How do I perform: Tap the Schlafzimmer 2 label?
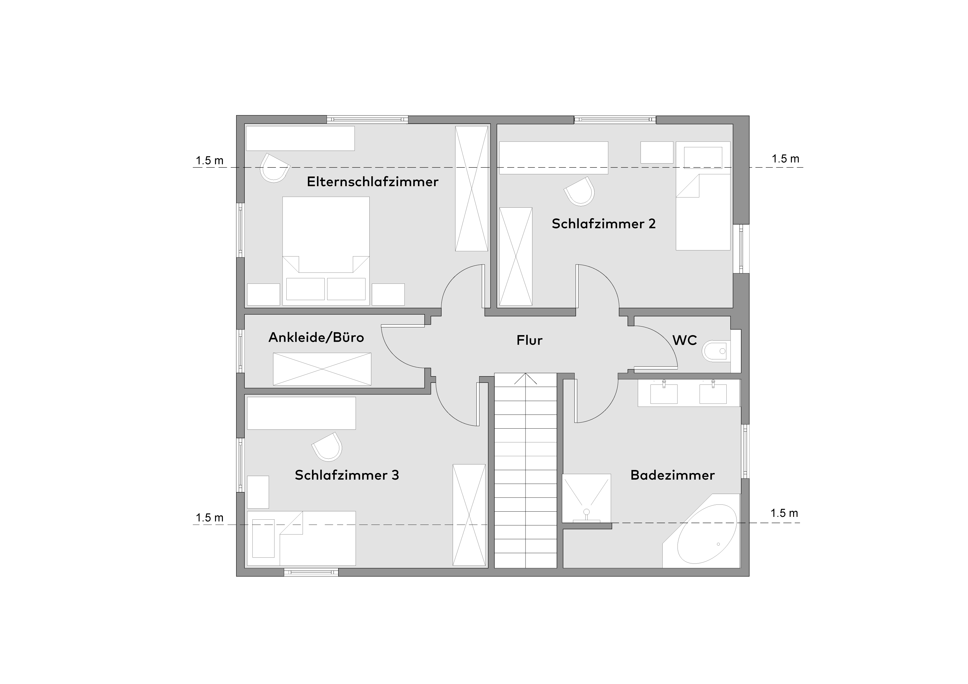coord(604,224)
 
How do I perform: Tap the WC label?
coord(685,340)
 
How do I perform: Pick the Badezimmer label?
coord(673,475)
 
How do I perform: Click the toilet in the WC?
coord(716,351)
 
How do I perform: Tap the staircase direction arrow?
coord(525,379)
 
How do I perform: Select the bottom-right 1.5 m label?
coord(784,513)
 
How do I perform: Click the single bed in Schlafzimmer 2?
coord(703,196)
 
